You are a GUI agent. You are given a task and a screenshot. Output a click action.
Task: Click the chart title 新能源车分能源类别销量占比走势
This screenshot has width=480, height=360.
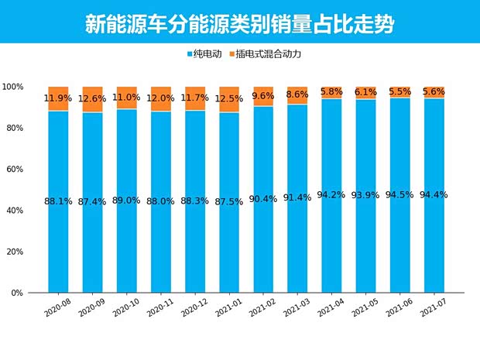click(239, 23)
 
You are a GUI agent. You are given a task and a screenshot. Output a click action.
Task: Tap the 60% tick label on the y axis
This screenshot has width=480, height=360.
click(15, 169)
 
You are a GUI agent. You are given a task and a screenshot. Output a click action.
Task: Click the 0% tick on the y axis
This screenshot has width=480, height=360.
click(17, 293)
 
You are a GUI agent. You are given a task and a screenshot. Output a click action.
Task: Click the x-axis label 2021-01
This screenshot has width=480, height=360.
click(231, 310)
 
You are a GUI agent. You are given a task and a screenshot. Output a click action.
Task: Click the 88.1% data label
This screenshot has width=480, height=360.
click(59, 201)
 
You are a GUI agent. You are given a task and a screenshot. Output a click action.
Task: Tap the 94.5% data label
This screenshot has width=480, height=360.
click(400, 195)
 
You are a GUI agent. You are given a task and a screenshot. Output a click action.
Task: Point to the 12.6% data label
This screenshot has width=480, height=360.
click(93, 98)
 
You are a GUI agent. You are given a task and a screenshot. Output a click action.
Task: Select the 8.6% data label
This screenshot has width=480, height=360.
click(297, 94)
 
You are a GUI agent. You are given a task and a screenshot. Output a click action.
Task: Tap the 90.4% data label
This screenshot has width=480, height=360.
click(263, 198)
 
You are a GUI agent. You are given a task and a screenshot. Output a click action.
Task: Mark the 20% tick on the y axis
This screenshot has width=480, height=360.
click(15, 252)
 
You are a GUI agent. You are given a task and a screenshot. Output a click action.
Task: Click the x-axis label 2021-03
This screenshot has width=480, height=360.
click(299, 310)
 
